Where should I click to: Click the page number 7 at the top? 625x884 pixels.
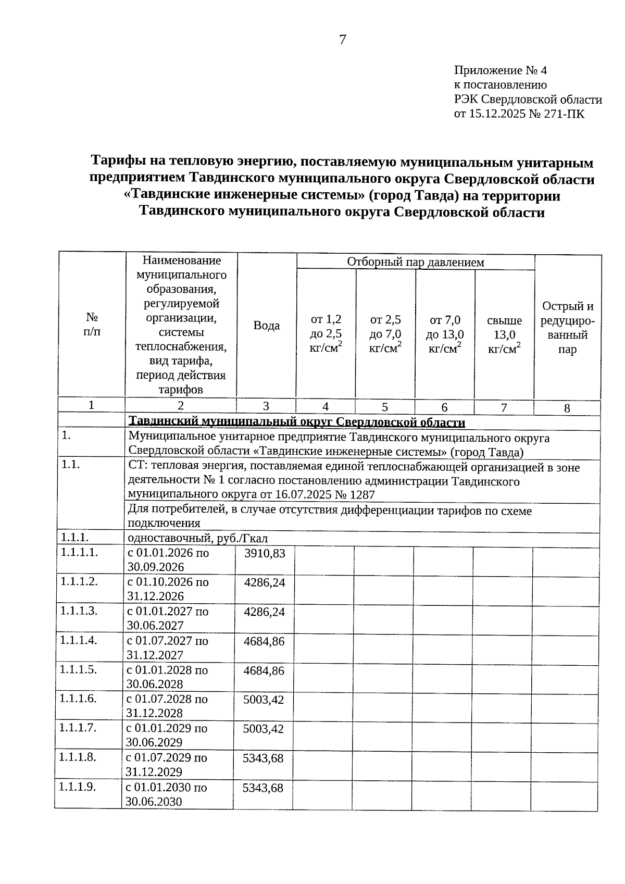[342, 40]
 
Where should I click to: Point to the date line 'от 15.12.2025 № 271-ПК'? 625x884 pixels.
[519, 114]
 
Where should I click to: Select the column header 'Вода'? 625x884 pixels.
[266, 326]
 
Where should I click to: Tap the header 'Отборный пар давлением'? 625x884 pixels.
[415, 262]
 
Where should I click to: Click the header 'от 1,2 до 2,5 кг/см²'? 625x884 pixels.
[326, 334]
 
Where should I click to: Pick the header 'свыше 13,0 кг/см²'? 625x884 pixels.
[504, 334]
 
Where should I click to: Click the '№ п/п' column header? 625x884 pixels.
[92, 324]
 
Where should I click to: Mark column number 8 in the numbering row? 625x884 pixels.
[567, 408]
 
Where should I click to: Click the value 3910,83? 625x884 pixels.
[265, 554]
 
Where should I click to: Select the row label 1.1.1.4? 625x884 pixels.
[79, 640]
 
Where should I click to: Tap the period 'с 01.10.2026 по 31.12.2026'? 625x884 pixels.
[168, 589]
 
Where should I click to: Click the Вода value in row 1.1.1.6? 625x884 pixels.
[264, 700]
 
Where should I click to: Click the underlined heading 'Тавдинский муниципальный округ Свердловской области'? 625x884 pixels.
[296, 421]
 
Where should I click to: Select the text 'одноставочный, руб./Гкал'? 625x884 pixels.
[198, 539]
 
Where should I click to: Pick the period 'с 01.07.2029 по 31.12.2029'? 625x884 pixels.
[166, 765]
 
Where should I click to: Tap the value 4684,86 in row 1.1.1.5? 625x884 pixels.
[264, 670]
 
